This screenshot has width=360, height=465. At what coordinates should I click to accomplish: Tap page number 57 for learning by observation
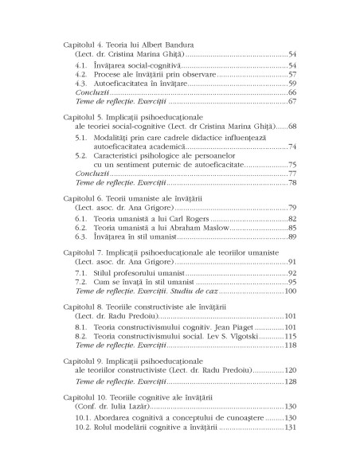(292, 73)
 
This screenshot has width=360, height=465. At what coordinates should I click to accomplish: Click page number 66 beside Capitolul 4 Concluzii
(292, 92)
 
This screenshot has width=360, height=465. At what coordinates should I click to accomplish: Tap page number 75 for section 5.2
(292, 165)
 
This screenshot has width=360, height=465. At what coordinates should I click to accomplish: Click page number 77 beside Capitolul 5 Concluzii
(292, 174)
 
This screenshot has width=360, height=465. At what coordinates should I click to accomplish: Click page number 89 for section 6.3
(292, 236)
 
